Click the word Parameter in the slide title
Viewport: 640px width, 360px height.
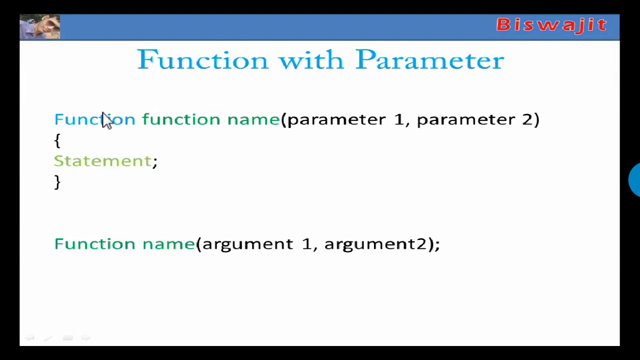tap(429, 60)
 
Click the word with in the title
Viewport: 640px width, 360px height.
tap(310, 60)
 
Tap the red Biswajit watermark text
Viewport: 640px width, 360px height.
tap(551, 24)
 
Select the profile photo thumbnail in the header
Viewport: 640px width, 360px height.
tap(40, 27)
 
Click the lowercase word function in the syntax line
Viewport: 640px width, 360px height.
tap(181, 119)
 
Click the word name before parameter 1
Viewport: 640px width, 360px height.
tap(253, 119)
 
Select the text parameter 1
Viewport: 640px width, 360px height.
tap(345, 119)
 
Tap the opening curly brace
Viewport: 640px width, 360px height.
tap(57, 140)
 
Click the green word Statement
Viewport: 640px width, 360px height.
tap(102, 161)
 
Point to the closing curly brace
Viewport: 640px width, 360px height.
tap(57, 181)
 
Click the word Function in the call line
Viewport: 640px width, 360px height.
tap(94, 244)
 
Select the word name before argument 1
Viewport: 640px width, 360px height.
tap(168, 244)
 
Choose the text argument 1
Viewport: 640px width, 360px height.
tap(256, 244)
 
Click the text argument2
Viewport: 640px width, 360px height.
tap(375, 244)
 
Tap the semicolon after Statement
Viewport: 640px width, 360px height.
tap(155, 161)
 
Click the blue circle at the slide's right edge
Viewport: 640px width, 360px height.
tap(634, 179)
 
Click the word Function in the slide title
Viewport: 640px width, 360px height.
tap(202, 60)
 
